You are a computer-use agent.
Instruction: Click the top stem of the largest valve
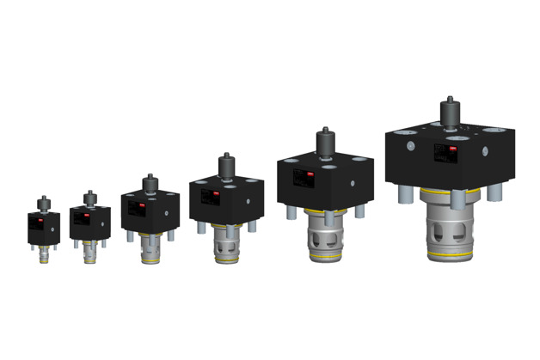[x=447, y=113]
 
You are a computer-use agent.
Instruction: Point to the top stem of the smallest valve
[x=41, y=204]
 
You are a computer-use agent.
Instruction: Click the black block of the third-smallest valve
[x=149, y=209]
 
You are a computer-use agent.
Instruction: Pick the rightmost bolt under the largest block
[x=494, y=193]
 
